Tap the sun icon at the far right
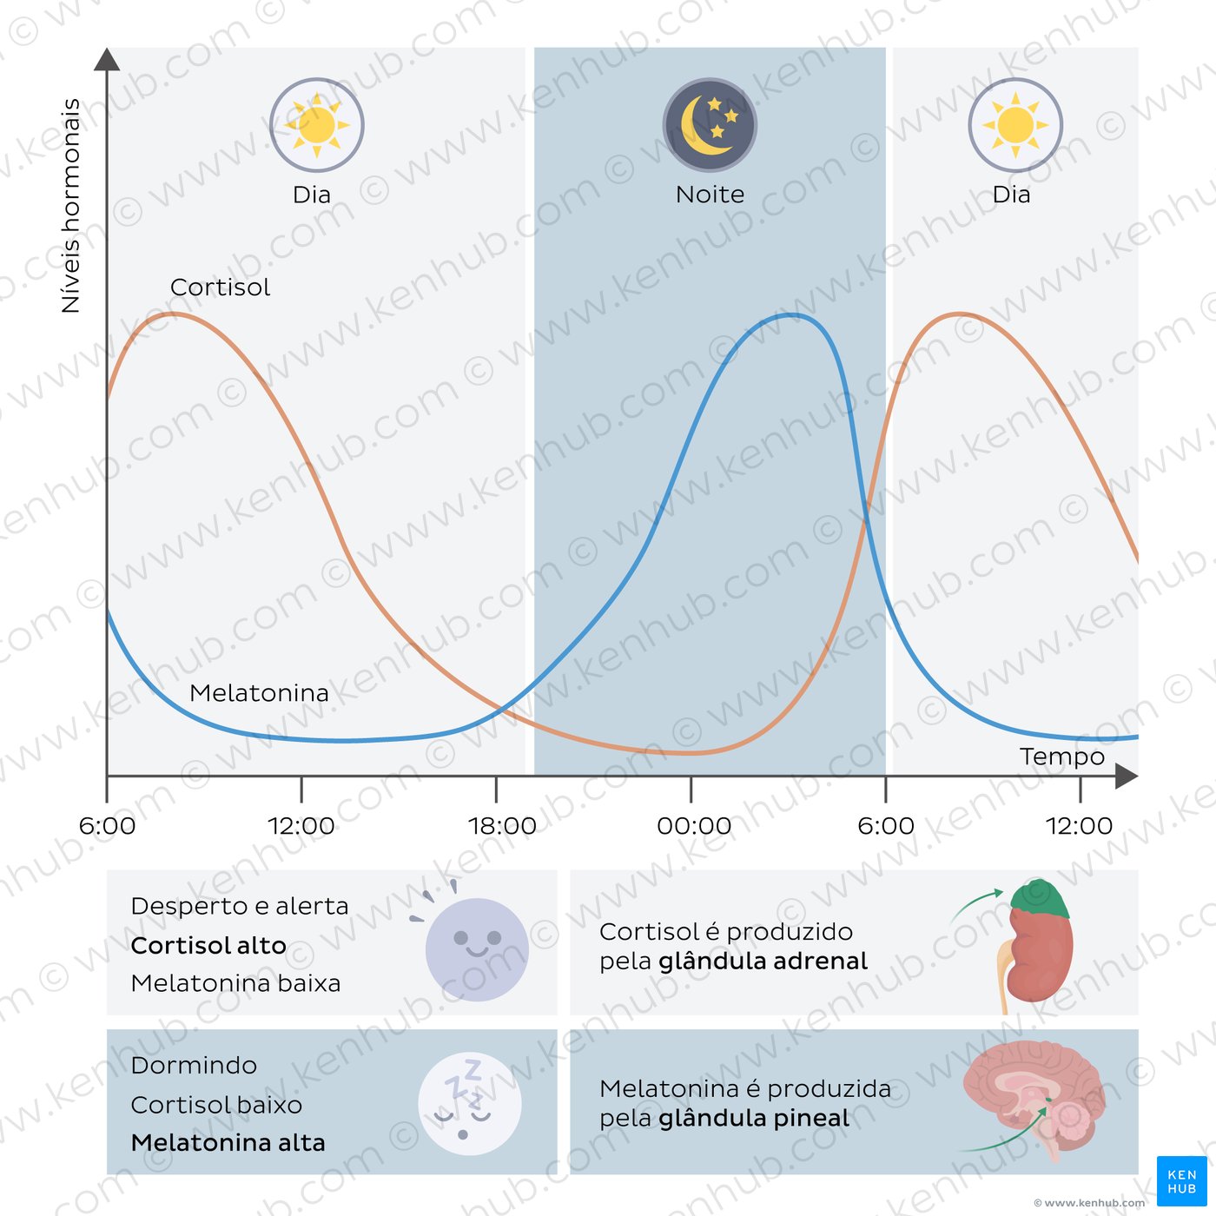point(1015,126)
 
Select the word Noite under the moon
point(710,195)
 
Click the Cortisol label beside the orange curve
point(220,287)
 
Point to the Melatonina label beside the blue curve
point(259,693)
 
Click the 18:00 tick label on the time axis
point(502,826)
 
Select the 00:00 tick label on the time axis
point(693,826)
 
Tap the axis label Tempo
point(1061,757)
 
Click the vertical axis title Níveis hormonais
point(70,206)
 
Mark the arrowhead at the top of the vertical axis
point(107,59)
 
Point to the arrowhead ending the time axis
point(1126,776)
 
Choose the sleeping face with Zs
point(470,1104)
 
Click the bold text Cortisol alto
point(208,945)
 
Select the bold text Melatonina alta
point(228,1143)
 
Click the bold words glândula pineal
point(754,1119)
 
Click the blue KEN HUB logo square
point(1181,1181)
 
